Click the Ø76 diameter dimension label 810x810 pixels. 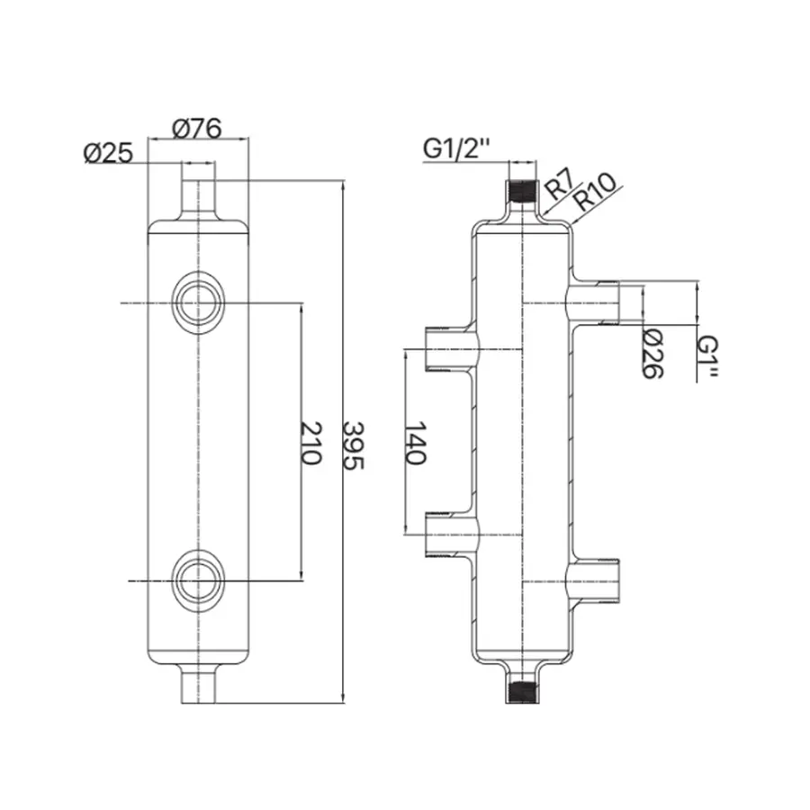coord(196,128)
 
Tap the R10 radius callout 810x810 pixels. coord(594,191)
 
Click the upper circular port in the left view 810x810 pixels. coord(197,303)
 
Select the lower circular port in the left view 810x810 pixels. coord(197,579)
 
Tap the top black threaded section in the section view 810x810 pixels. coord(521,192)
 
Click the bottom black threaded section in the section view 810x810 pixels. coord(521,691)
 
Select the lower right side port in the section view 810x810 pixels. coord(596,579)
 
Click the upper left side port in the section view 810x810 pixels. coord(447,347)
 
